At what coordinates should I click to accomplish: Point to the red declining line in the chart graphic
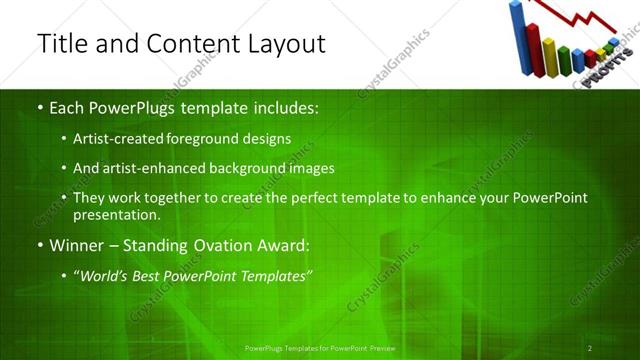coord(575,16)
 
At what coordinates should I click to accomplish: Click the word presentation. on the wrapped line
coord(117,214)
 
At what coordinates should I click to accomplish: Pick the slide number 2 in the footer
coord(590,348)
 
